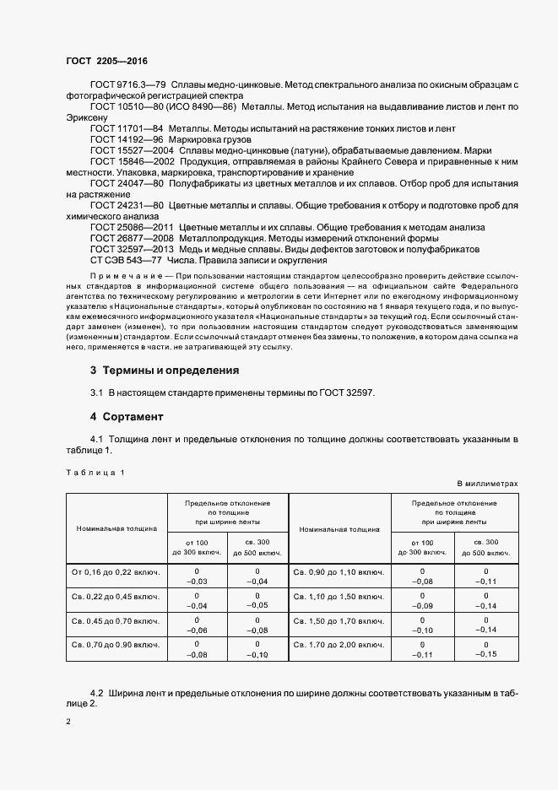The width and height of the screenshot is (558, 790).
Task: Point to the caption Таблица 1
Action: [x=95, y=472]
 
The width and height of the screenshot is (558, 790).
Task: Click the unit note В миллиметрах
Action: [x=487, y=483]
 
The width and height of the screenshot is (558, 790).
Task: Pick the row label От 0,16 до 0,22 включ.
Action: [x=117, y=571]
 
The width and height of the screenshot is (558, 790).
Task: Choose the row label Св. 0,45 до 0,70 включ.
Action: [x=117, y=621]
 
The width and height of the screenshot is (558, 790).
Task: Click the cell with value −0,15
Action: [x=486, y=654]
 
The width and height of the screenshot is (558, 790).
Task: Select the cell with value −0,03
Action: [x=197, y=581]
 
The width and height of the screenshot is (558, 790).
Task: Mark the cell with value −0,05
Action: [x=257, y=605]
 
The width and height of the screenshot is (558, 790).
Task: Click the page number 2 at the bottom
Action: [x=68, y=722]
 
